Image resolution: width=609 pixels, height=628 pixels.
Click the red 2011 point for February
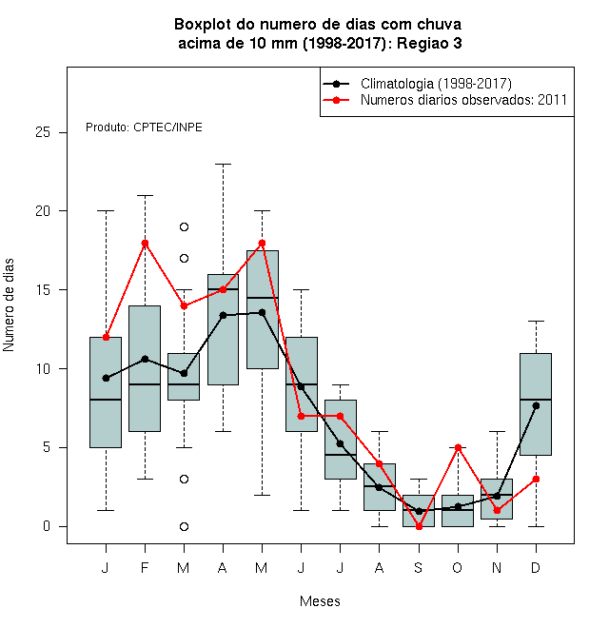click(145, 243)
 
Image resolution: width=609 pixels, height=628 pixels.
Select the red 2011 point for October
click(459, 447)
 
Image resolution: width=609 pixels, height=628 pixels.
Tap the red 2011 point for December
click(536, 479)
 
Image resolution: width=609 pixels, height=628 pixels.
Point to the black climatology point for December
click(536, 405)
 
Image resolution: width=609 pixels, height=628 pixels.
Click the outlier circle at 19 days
click(184, 227)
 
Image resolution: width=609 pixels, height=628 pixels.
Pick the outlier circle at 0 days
click(184, 527)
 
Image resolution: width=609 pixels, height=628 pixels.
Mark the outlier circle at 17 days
click(184, 258)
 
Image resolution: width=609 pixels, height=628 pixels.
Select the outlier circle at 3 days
click(184, 479)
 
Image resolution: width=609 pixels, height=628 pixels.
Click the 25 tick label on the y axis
click(43, 132)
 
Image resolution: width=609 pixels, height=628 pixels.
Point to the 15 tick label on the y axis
click(43, 289)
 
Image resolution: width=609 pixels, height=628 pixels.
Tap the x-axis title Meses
click(320, 601)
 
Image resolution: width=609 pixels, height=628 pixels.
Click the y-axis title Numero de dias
click(9, 305)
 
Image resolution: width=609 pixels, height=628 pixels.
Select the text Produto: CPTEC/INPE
click(144, 128)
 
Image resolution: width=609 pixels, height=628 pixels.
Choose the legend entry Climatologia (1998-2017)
click(418, 84)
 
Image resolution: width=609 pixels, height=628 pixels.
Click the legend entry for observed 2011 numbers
click(445, 100)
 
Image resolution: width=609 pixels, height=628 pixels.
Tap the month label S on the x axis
click(419, 567)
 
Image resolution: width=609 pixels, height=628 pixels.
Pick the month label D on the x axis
click(536, 567)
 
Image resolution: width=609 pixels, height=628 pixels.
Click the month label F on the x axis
click(145, 567)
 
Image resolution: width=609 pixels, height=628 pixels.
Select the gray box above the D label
click(536, 404)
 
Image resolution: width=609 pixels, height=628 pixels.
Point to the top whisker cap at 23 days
click(224, 165)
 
